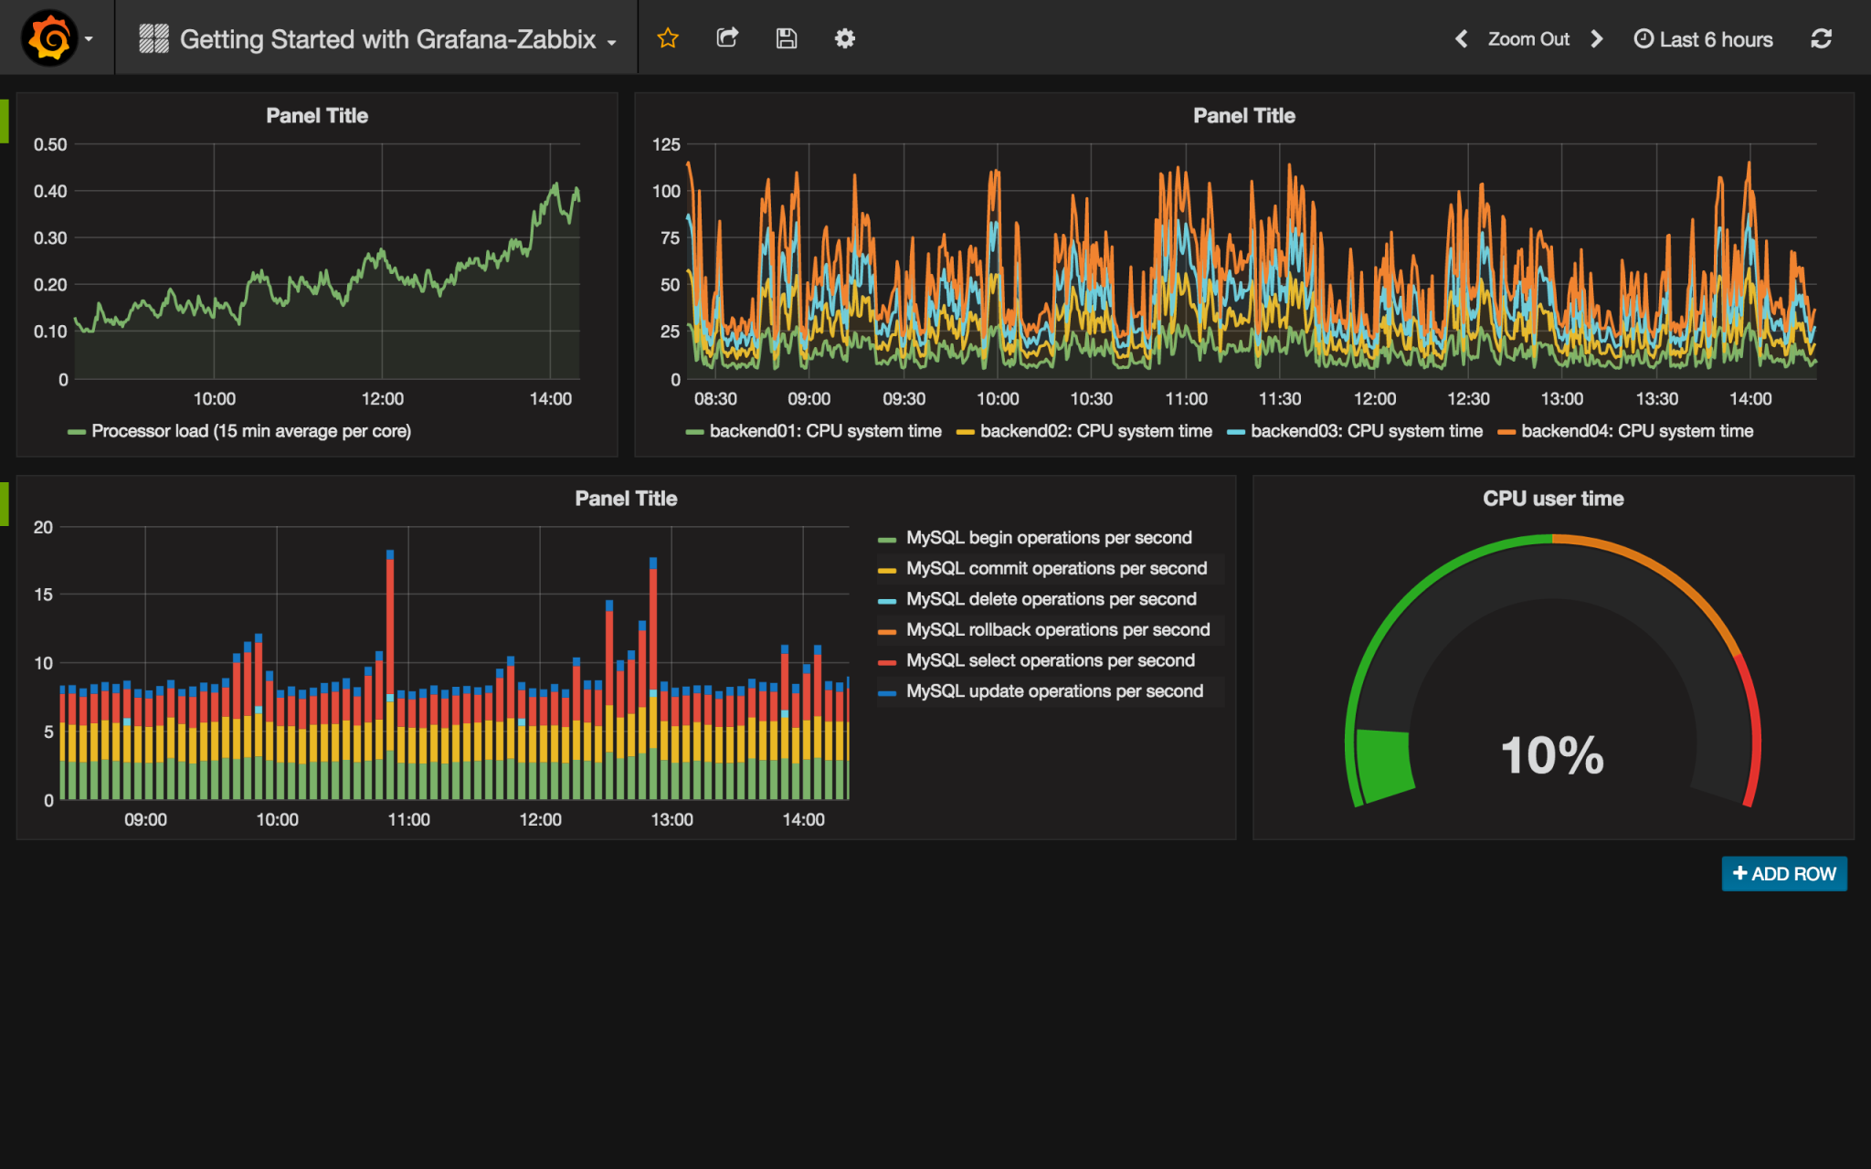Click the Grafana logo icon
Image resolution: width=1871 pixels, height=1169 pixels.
(49, 38)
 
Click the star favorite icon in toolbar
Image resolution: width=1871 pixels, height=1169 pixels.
(668, 38)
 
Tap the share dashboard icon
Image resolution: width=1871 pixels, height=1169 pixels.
(727, 38)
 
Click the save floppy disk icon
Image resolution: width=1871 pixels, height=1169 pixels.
(787, 38)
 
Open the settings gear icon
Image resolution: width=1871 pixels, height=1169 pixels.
(845, 38)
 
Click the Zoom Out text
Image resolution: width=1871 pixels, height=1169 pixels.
(1527, 39)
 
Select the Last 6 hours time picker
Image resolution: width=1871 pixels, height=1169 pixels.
(1704, 39)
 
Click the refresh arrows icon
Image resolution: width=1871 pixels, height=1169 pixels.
(1821, 38)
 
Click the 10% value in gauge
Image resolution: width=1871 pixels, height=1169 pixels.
(1552, 755)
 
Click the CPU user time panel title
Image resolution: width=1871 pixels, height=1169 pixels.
(1552, 499)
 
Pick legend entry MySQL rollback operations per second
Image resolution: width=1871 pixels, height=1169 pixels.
(1057, 630)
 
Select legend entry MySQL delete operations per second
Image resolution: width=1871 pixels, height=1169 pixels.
(1051, 599)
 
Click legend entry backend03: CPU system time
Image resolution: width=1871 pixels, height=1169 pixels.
(1366, 431)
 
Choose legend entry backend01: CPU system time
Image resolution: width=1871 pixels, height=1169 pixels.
(825, 431)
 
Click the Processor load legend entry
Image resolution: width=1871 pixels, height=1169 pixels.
(250, 431)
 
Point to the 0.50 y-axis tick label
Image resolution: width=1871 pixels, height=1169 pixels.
(50, 144)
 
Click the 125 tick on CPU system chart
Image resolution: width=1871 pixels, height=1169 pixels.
(666, 144)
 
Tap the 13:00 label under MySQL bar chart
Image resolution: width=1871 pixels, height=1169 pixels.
(671, 820)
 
